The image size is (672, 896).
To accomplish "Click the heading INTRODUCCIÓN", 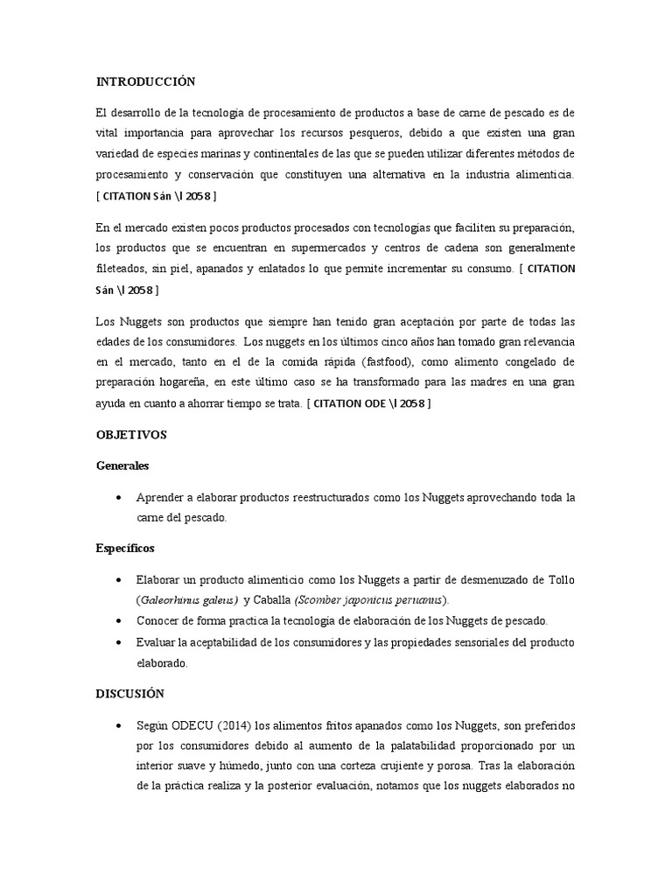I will coord(146,82).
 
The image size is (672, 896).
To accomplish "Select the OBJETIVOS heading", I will coord(130,434).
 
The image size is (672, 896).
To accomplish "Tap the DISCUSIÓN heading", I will coord(129,693).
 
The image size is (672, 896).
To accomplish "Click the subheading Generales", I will coord(122,465).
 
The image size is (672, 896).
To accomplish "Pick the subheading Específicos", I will coord(125,549).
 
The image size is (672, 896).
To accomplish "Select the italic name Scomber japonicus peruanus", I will coord(371,601).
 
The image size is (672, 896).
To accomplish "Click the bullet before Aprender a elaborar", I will coord(118,497).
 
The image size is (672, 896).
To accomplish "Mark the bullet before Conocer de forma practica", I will coord(118,621).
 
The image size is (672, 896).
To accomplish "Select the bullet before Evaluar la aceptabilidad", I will coord(118,643).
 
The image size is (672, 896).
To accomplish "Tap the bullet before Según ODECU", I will coord(118,727).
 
